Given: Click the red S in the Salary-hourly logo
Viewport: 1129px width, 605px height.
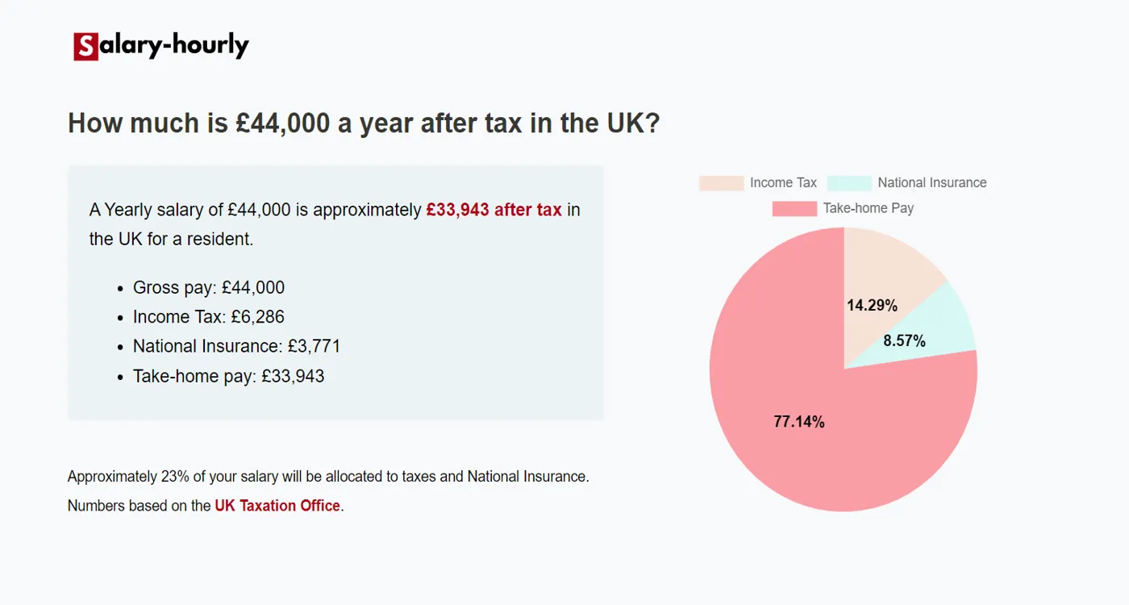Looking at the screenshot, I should (x=85, y=47).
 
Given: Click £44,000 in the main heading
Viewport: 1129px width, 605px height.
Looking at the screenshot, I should (x=283, y=123).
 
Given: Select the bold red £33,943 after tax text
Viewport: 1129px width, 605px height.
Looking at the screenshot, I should (x=494, y=210).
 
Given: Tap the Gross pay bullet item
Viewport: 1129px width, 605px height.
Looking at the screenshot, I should (x=209, y=288).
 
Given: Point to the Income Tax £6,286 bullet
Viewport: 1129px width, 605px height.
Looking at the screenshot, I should (x=209, y=317).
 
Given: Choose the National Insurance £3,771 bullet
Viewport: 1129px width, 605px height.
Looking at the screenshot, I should (x=236, y=347).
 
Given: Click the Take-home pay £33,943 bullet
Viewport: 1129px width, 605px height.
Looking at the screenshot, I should (x=228, y=376).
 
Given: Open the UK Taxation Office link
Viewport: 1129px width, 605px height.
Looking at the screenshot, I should (x=277, y=507).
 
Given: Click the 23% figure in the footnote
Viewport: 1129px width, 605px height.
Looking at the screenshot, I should (x=175, y=477).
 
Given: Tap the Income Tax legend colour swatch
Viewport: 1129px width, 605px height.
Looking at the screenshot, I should (x=721, y=183).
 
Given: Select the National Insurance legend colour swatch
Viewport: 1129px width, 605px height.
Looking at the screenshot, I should (x=849, y=183).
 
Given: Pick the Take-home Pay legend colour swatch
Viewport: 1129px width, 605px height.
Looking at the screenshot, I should (x=794, y=209).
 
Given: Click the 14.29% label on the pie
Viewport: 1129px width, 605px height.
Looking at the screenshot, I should (x=872, y=306).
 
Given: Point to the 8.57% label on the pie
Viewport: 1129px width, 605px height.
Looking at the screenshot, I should (x=904, y=341).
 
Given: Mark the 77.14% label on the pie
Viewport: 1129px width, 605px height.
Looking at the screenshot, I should (x=799, y=422).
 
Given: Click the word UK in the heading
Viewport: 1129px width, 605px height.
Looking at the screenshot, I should (x=625, y=123).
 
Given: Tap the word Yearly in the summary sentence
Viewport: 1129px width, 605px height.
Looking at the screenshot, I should (x=131, y=210).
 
